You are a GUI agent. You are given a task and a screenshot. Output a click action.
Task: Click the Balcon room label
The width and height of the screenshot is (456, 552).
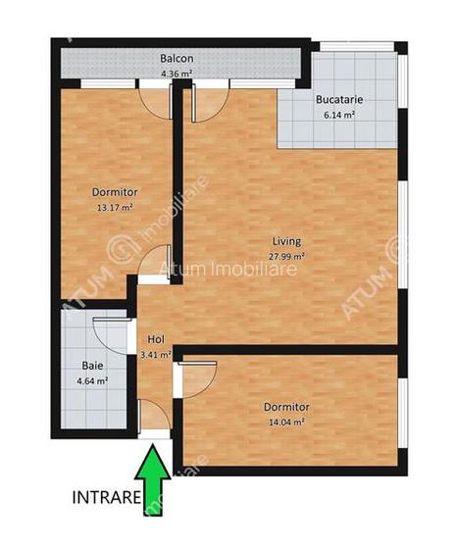[x=177, y=58]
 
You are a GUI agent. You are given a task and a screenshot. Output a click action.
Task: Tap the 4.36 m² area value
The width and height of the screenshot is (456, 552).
[x=177, y=72]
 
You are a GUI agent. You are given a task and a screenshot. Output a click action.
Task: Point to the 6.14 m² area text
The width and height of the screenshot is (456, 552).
[x=335, y=115]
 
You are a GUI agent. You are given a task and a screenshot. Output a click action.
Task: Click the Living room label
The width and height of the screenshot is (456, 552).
[x=286, y=241]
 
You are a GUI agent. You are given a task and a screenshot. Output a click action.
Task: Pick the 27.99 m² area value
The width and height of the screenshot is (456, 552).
[x=286, y=256]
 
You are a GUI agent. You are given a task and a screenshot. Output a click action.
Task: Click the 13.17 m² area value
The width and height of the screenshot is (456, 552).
[x=114, y=207]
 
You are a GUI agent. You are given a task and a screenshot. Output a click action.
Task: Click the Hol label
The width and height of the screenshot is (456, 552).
[x=155, y=340]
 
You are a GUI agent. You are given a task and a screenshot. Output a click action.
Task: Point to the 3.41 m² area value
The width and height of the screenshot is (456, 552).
[x=156, y=355]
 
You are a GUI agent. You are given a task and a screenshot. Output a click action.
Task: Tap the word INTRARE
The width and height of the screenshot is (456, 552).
[x=105, y=497]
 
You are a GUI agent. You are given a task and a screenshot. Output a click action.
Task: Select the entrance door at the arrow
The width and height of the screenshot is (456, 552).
[x=155, y=419]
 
